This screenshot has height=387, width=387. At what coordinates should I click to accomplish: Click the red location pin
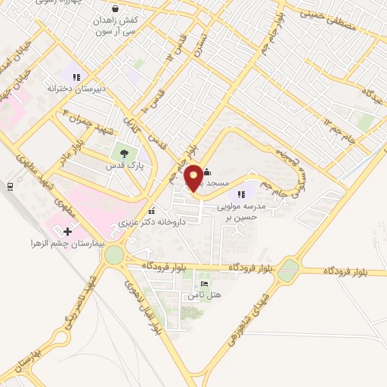click(193, 178)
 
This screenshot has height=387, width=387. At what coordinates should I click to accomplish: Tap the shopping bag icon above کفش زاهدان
click(114, 8)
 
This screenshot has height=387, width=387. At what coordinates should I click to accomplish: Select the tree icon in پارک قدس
click(123, 152)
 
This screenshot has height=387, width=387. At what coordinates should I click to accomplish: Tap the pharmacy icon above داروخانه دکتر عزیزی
click(153, 212)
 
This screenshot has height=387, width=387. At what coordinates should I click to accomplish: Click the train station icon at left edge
click(9, 186)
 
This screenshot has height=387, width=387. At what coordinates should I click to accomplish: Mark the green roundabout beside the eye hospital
click(114, 255)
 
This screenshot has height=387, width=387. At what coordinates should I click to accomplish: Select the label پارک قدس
click(125, 165)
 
